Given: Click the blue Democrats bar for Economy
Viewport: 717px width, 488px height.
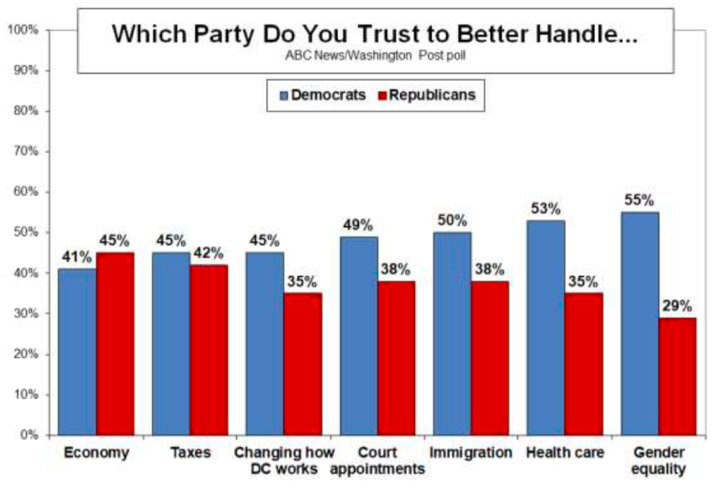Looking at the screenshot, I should (77, 352).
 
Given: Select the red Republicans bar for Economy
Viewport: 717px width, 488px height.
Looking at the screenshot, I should (115, 344).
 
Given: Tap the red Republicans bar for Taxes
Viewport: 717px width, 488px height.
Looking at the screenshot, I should (209, 350).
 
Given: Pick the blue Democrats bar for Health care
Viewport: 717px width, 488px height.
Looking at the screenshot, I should (546, 328).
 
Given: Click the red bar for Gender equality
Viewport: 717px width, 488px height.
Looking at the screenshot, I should (678, 376).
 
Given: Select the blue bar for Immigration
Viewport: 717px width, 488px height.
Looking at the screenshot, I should (452, 334).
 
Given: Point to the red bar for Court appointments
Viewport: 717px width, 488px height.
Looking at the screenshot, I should (396, 358).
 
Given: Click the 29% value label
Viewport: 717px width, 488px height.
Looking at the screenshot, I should (678, 306).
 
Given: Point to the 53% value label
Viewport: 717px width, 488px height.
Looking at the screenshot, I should (546, 209).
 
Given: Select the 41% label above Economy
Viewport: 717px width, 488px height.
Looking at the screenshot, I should (77, 257).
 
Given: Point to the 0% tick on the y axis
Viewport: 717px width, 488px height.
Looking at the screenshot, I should (28, 436).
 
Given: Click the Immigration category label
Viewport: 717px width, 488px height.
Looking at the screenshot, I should (470, 452).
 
